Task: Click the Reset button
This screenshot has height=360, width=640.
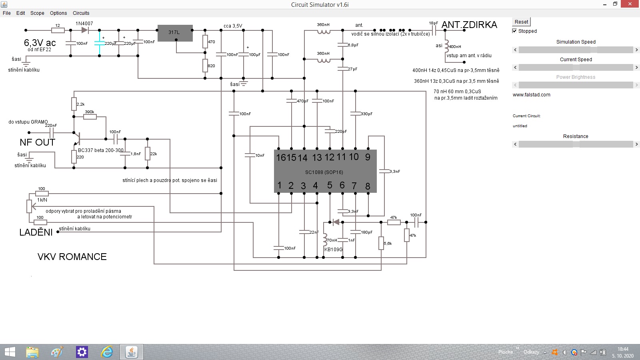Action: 521,22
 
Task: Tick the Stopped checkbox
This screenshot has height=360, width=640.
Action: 515,31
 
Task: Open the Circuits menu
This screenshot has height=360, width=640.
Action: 81,13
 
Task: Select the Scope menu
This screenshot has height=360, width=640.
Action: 37,13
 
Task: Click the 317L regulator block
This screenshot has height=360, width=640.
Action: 175,33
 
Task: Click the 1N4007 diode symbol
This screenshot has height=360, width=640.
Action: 84,30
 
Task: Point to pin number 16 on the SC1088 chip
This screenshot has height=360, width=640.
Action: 281,158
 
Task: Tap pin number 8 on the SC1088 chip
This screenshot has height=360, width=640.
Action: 368,186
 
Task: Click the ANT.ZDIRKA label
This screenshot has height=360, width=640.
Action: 469,25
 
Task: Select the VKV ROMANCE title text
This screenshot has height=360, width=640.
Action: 72,257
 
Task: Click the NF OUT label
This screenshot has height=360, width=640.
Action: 37,142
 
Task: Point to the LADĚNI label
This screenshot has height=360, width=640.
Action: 36,232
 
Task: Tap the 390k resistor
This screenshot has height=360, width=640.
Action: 90,117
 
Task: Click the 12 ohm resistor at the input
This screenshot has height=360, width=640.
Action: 58,30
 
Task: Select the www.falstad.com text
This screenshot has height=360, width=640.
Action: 531,95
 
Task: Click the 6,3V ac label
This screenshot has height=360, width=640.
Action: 40,43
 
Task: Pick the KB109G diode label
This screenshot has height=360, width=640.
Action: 333,250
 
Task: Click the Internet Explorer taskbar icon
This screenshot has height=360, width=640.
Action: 107,352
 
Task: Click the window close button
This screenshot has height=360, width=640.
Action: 631,4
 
